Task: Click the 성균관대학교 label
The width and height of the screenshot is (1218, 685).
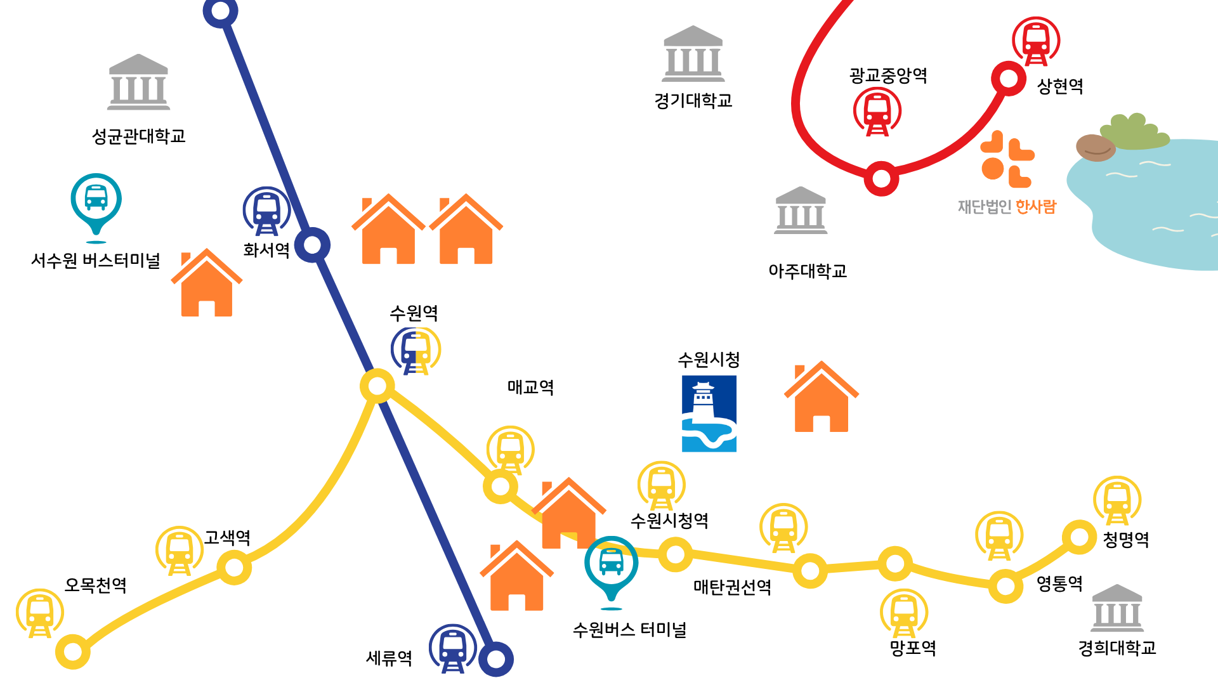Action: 138,136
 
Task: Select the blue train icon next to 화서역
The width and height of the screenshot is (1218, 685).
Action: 266,211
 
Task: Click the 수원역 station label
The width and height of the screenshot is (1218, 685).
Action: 414,313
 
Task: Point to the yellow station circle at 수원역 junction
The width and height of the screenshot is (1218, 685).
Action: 377,386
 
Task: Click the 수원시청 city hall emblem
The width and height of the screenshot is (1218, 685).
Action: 709,414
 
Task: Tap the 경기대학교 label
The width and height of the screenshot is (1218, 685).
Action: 693,100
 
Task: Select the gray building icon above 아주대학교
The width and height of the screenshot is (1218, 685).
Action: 801,211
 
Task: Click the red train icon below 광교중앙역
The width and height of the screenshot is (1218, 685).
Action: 877,112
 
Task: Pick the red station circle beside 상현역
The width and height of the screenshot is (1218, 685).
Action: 1008,79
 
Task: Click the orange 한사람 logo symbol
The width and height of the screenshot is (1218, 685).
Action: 1007,159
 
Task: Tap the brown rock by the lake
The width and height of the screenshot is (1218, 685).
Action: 1096,148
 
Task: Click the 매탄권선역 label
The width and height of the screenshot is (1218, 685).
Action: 732,587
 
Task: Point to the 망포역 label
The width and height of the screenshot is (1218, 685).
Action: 913,648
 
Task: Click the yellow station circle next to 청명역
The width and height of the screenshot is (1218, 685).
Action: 1079,537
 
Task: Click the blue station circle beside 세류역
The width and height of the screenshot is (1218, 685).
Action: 495,659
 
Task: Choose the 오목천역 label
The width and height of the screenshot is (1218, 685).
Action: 96,585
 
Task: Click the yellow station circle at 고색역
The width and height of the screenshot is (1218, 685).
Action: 234,567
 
